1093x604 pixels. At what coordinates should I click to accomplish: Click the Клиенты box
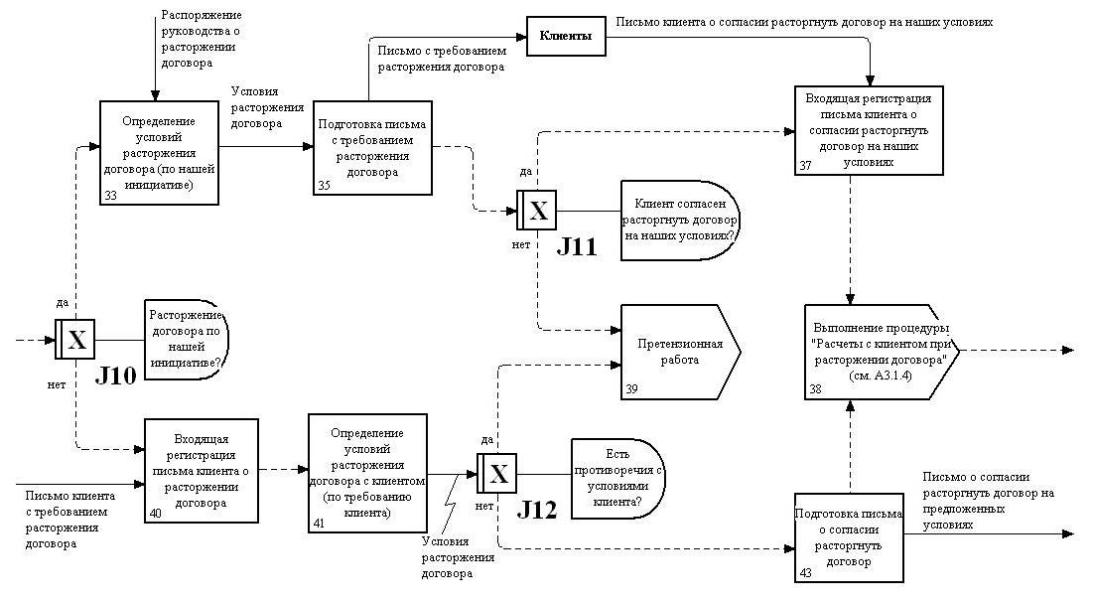565,36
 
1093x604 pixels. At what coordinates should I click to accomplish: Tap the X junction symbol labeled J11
537,211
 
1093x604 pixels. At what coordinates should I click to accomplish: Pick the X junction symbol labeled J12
498,473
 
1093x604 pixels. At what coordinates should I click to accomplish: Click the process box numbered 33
160,153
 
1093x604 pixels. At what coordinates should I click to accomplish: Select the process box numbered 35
373,149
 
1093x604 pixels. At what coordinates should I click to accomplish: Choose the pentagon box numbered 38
880,352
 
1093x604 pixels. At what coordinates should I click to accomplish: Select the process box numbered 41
366,472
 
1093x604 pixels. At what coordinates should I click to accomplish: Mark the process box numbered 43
850,537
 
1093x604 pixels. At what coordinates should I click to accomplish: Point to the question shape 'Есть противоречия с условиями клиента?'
616,478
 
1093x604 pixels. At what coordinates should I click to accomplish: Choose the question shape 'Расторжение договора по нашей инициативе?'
187,340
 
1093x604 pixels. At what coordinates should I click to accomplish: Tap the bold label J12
537,511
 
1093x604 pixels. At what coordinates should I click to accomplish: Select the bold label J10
115,377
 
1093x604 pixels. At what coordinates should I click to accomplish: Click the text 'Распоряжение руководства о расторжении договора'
201,40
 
